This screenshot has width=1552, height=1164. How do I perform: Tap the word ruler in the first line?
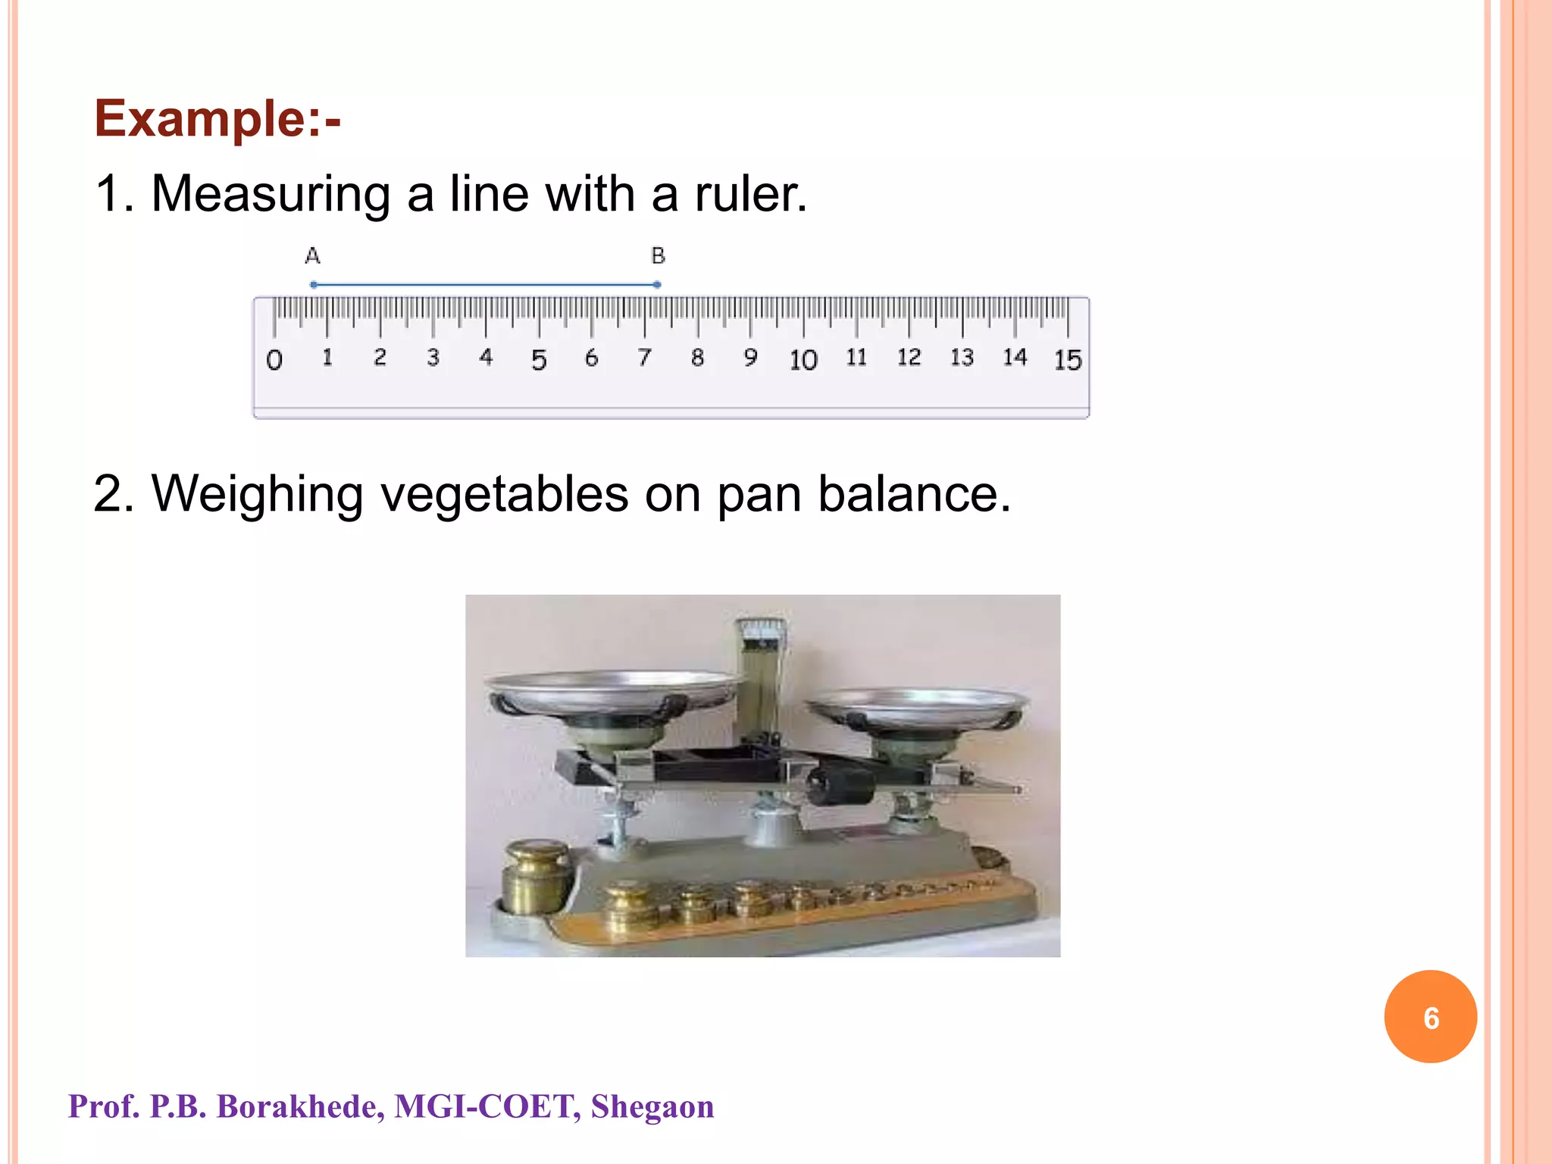click(x=750, y=194)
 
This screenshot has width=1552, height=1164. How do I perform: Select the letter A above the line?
click(x=312, y=256)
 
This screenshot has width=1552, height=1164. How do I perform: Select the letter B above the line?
click(x=658, y=256)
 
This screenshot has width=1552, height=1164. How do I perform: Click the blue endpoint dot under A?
click(x=314, y=285)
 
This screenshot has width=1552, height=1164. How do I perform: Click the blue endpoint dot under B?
click(x=657, y=285)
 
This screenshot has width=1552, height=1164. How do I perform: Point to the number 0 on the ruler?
click(x=274, y=359)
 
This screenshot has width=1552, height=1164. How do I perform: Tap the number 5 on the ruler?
click(x=539, y=359)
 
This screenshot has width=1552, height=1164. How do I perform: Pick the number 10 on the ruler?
click(x=803, y=359)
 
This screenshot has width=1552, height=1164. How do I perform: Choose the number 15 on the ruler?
click(x=1068, y=359)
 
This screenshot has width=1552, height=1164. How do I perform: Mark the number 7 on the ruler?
click(x=644, y=357)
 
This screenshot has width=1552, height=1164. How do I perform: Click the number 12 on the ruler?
click(x=909, y=357)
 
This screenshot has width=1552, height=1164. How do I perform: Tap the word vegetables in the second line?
click(x=503, y=494)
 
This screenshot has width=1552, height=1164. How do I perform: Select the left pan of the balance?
click(x=611, y=690)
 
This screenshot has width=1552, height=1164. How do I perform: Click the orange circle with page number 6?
click(x=1430, y=1017)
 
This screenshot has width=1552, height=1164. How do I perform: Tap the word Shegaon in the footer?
click(x=652, y=1106)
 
